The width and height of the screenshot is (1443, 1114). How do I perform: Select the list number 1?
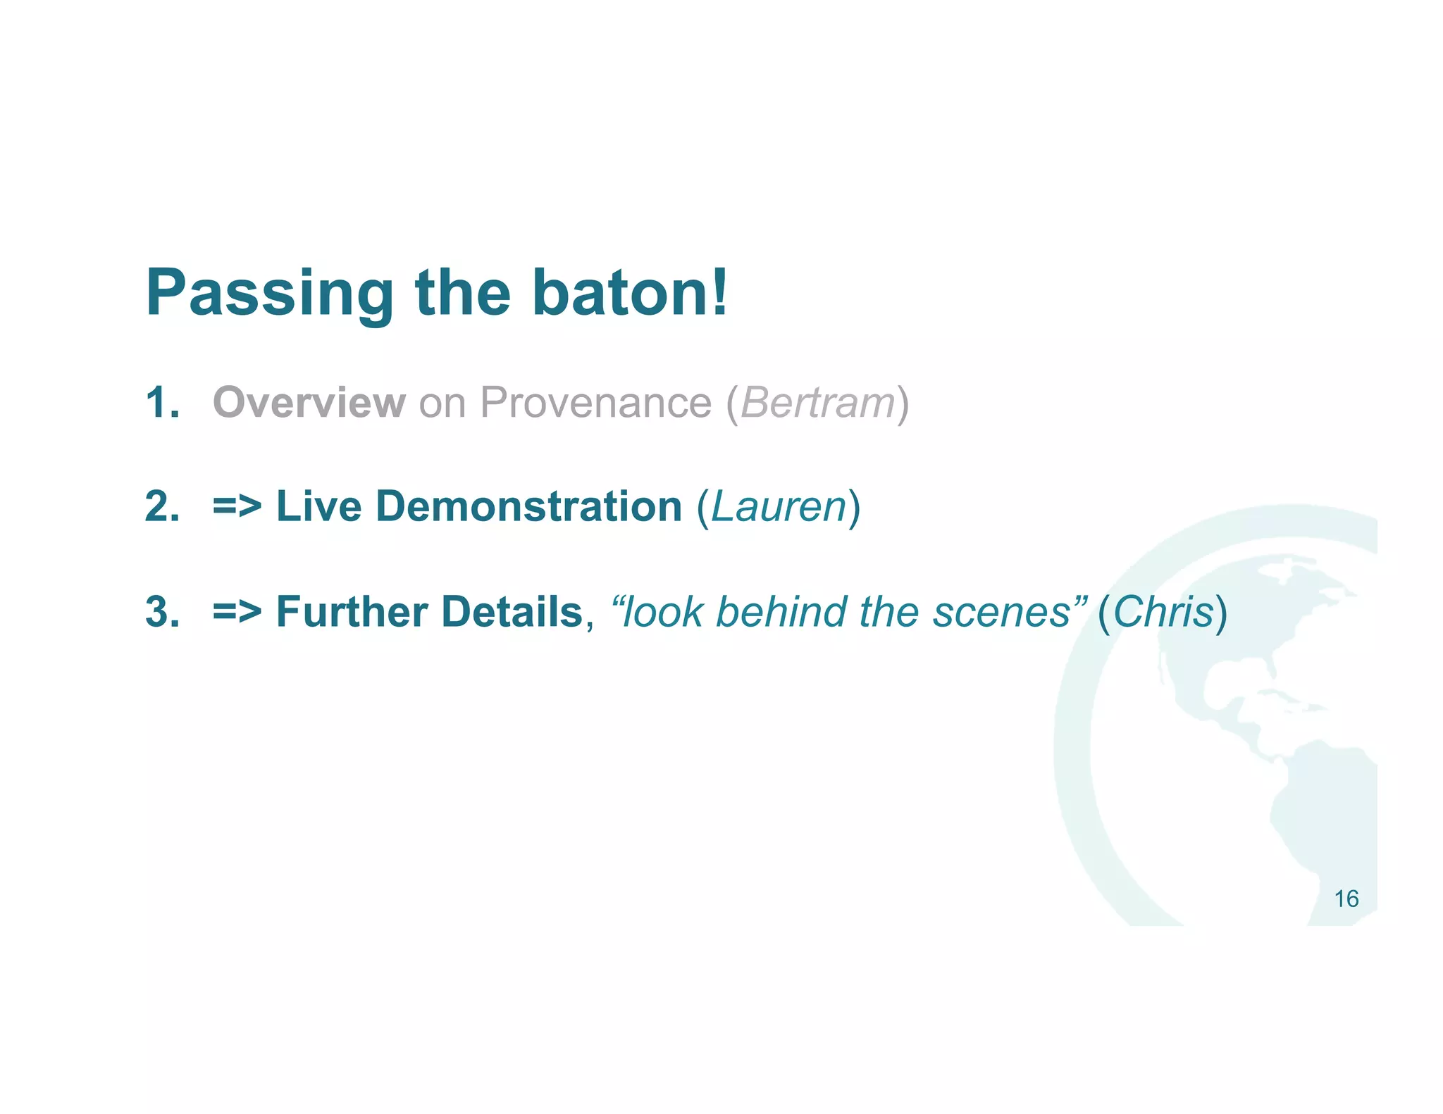click(x=161, y=403)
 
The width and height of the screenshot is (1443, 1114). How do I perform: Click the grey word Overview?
click(x=309, y=403)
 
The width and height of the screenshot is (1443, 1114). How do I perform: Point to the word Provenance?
click(x=595, y=403)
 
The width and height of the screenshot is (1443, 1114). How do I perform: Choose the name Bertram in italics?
click(x=817, y=403)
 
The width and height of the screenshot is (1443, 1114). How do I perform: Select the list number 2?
click(x=161, y=507)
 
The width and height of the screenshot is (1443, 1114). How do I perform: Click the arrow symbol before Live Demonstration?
click(x=237, y=507)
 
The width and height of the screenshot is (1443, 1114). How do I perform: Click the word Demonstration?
click(x=528, y=507)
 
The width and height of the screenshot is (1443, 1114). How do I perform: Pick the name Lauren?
click(x=779, y=507)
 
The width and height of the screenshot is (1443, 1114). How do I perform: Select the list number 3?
click(x=161, y=611)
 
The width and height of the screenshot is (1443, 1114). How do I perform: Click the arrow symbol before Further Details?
click(x=237, y=611)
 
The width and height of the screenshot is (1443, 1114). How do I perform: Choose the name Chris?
click(x=1163, y=611)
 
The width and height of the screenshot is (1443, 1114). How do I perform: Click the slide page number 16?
click(x=1346, y=899)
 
